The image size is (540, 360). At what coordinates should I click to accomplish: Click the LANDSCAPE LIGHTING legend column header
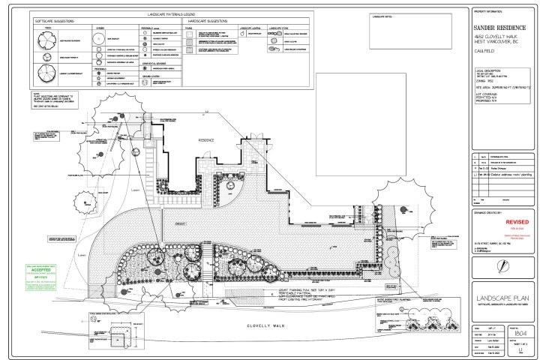[x=250, y=28]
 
